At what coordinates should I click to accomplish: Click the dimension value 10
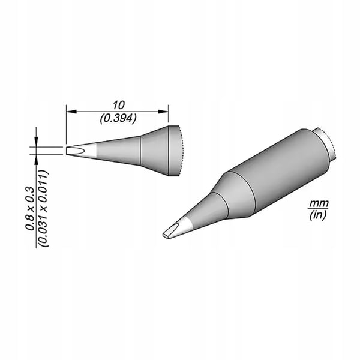click(119, 105)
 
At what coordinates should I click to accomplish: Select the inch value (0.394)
click(118, 119)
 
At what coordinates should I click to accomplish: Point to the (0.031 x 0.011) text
click(43, 208)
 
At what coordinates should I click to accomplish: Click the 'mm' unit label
click(319, 203)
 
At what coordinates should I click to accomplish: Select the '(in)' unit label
click(318, 215)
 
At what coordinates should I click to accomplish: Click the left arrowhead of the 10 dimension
click(71, 112)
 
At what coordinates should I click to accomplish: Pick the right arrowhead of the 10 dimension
click(163, 112)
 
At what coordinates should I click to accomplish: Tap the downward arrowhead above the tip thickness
click(36, 141)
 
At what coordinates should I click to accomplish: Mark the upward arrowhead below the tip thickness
click(36, 160)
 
